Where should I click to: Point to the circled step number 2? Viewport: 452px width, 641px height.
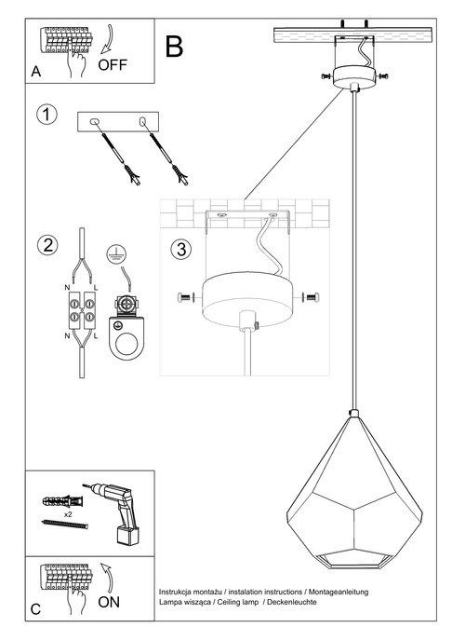pos(45,246)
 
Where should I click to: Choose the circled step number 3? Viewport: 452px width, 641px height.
pos(181,249)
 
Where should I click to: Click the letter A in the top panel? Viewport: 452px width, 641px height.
pos(35,71)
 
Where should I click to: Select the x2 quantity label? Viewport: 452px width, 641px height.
pos(68,513)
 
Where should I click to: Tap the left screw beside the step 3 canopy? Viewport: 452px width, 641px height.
pos(183,297)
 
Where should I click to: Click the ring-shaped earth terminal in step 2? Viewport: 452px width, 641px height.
pos(125,342)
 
